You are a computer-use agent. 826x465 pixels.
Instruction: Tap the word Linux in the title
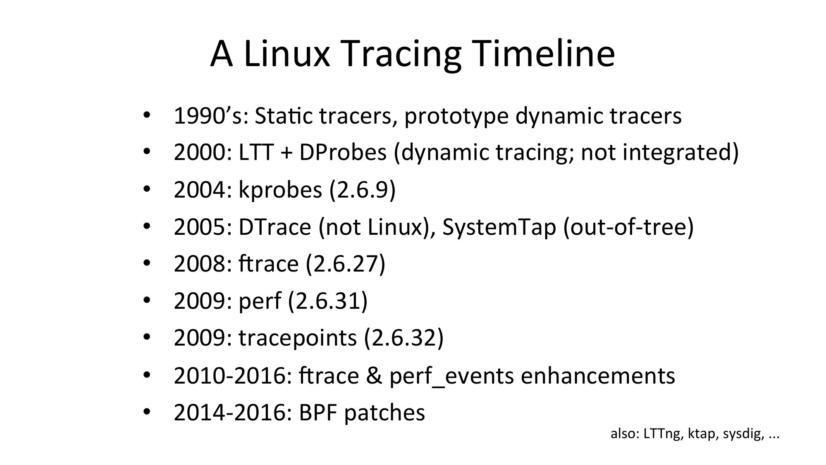[x=286, y=54]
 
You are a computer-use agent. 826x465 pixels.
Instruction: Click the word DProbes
[x=343, y=153]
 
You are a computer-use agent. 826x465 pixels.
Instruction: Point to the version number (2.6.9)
[x=363, y=190]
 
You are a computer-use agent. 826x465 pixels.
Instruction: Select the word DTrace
[x=275, y=227]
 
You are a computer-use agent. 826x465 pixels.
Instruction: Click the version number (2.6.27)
[x=346, y=264]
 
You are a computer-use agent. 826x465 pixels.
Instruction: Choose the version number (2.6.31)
[x=328, y=301]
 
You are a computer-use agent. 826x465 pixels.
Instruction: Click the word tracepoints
[x=297, y=338]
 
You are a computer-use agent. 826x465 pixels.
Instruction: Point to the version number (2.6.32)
[x=404, y=338]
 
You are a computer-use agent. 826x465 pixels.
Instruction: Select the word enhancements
[x=598, y=376]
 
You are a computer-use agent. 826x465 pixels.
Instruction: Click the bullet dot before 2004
[x=147, y=189]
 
